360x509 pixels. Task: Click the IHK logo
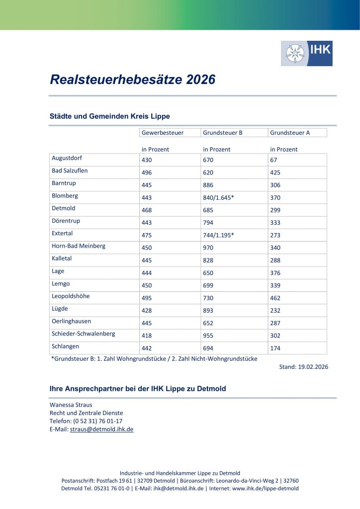pyautogui.click(x=306, y=53)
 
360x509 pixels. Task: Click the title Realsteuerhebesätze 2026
pyautogui.click(x=132, y=80)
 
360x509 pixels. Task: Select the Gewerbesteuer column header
pyautogui.click(x=163, y=133)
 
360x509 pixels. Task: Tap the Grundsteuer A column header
pyautogui.click(x=290, y=133)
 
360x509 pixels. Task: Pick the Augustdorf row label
pyautogui.click(x=67, y=158)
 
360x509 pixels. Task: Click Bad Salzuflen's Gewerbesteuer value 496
pyautogui.click(x=147, y=172)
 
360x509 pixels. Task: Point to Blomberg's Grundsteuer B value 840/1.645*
pyautogui.click(x=218, y=197)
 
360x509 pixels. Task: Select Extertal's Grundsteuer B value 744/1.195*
pyautogui.click(x=218, y=235)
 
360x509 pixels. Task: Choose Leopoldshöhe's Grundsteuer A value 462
pyautogui.click(x=275, y=298)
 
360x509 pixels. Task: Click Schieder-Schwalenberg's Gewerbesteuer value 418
pyautogui.click(x=147, y=336)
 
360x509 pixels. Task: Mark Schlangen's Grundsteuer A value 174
pyautogui.click(x=275, y=348)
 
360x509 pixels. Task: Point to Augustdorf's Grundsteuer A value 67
pyautogui.click(x=273, y=160)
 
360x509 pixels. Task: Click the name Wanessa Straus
pyautogui.click(x=71, y=405)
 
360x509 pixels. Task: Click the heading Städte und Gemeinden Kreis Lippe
pyautogui.click(x=110, y=116)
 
